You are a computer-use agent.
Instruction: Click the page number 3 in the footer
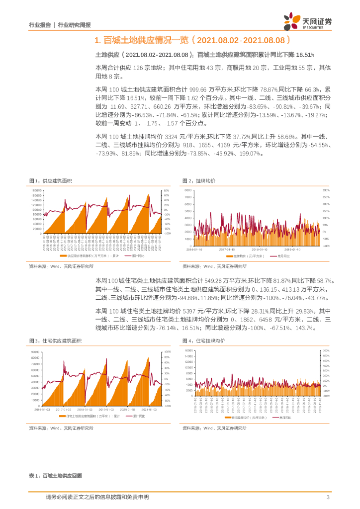(x=328, y=497)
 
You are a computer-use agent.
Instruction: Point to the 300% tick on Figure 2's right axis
(x=326, y=190)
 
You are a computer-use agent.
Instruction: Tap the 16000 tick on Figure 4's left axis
(x=187, y=351)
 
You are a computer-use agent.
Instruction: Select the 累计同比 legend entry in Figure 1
(x=138, y=256)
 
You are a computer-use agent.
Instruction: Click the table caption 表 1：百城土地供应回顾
(x=55, y=476)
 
